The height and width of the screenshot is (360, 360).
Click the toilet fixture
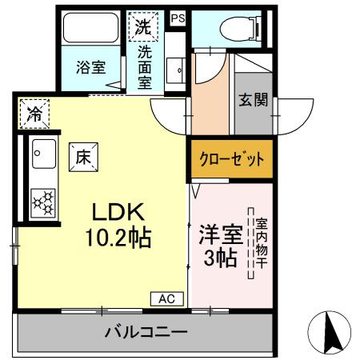233,28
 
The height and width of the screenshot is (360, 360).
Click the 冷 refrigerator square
34,114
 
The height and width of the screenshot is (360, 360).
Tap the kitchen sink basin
42,153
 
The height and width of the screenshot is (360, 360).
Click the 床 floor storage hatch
82,158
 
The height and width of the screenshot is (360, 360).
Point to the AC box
166,298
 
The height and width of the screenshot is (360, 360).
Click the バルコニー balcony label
145,332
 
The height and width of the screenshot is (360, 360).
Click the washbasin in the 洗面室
175,69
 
